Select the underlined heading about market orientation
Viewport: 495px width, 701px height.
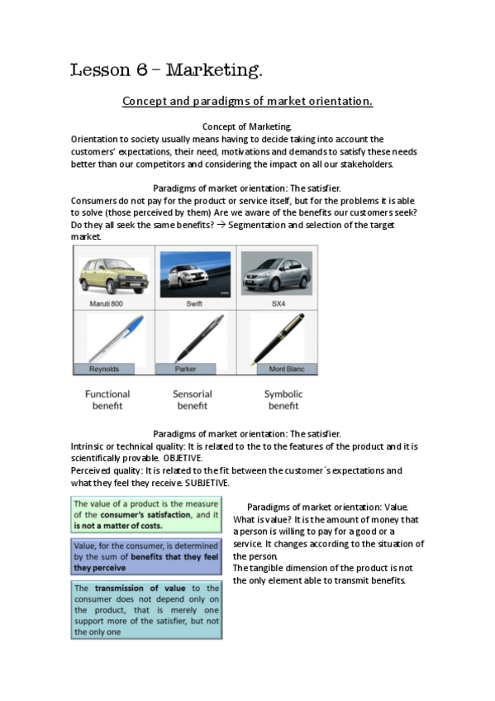tap(247, 102)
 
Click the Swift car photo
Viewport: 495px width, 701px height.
tap(193, 274)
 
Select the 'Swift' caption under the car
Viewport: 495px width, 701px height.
tap(193, 303)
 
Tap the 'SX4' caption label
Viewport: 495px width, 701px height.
tap(276, 303)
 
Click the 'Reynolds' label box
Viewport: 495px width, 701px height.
tap(106, 369)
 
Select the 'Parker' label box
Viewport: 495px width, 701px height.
tap(184, 369)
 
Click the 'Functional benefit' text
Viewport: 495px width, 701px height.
tap(107, 400)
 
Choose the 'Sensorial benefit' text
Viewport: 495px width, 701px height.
tap(193, 400)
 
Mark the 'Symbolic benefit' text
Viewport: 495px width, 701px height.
tap(283, 400)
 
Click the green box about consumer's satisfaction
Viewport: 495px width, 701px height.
tap(146, 514)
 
